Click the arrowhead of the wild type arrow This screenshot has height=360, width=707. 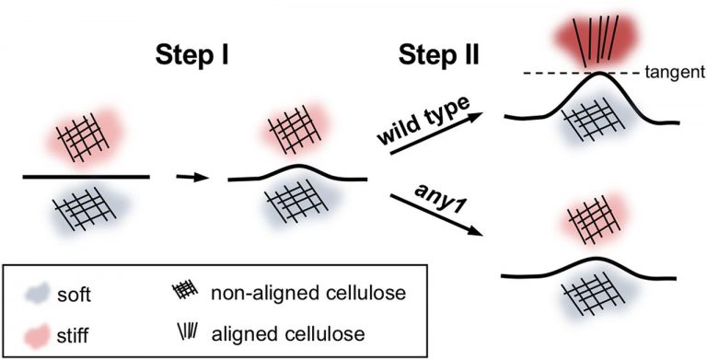pos(478,116)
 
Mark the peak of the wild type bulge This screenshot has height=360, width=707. pos(599,74)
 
